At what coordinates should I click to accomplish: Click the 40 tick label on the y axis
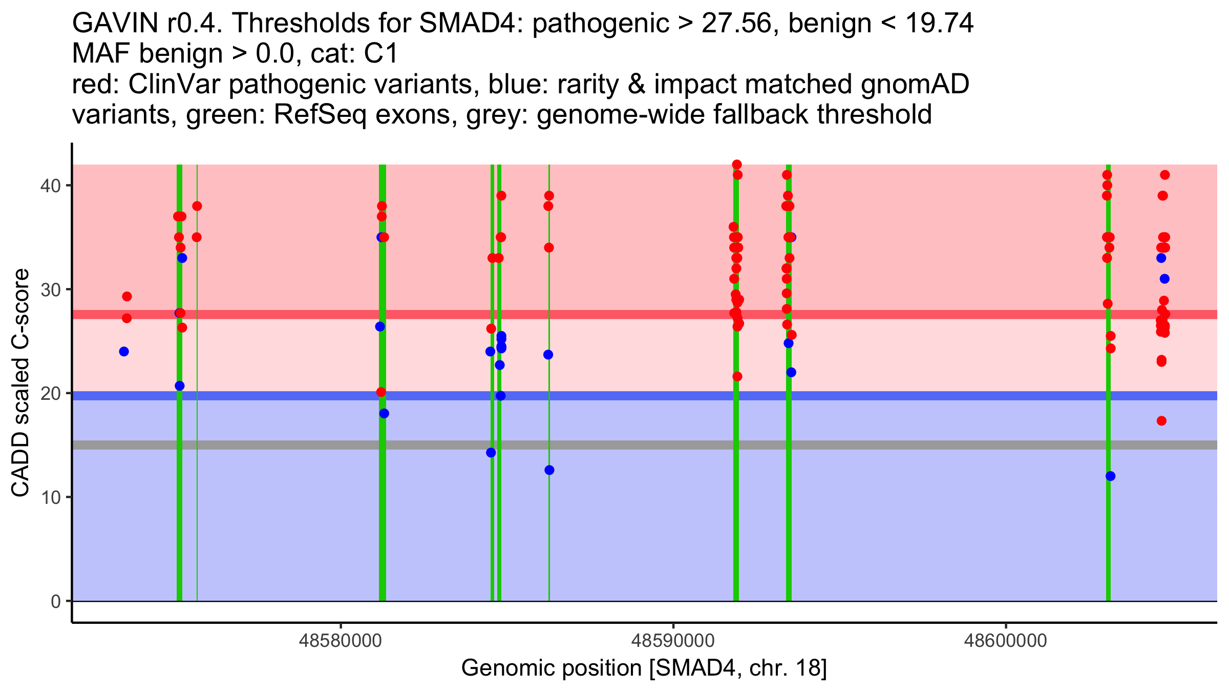[50, 186]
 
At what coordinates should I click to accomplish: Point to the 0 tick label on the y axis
[55, 601]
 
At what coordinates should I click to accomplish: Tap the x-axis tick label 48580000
[340, 641]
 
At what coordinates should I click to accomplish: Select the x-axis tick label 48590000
[673, 641]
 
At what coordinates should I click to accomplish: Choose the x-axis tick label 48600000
[1006, 641]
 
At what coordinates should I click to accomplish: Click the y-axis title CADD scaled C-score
[20, 383]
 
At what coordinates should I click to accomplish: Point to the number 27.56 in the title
[736, 24]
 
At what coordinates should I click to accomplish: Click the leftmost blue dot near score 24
[124, 352]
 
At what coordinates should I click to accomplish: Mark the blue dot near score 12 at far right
[1110, 476]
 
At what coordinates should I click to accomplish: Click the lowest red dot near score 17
[1161, 421]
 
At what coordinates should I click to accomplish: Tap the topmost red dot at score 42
[737, 165]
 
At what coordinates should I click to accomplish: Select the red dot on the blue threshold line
[381, 392]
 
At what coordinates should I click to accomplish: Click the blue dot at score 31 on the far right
[1164, 279]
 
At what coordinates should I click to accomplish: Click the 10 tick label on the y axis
[50, 497]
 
